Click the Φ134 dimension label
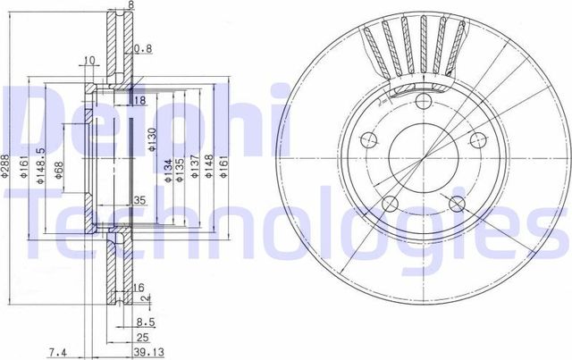click(x=167, y=171)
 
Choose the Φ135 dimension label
click(x=179, y=171)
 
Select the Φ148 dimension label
click(x=208, y=171)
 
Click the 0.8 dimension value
click(x=142, y=47)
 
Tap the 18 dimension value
click(x=139, y=100)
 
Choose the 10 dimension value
click(x=88, y=61)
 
